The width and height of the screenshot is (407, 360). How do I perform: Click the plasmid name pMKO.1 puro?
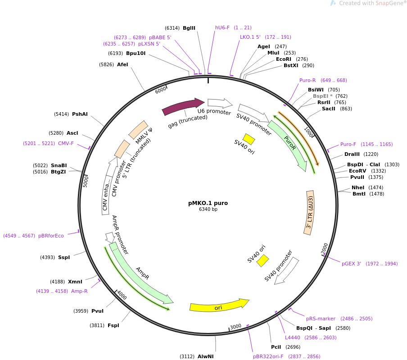pos(208,203)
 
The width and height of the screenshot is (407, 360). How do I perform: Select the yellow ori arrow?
pos(219,306)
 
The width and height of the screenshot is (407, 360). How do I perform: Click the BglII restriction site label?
pos(189,28)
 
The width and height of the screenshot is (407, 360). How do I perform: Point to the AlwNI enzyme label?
pos(205,356)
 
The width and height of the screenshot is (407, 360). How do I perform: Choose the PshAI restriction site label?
pos(80,114)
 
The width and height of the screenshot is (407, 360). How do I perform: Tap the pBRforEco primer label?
pos(51,235)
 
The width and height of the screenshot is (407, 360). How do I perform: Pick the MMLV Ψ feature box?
pos(138,130)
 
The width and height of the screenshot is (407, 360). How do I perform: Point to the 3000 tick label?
pos(235,327)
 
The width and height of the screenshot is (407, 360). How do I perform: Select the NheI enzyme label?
pos(358,187)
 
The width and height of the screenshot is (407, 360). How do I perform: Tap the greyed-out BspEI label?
pos(321,96)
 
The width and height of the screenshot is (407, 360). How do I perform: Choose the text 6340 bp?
pos(208,209)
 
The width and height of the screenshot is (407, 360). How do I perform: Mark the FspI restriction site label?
pos(113,325)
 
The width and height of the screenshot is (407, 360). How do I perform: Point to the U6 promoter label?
pos(214,112)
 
